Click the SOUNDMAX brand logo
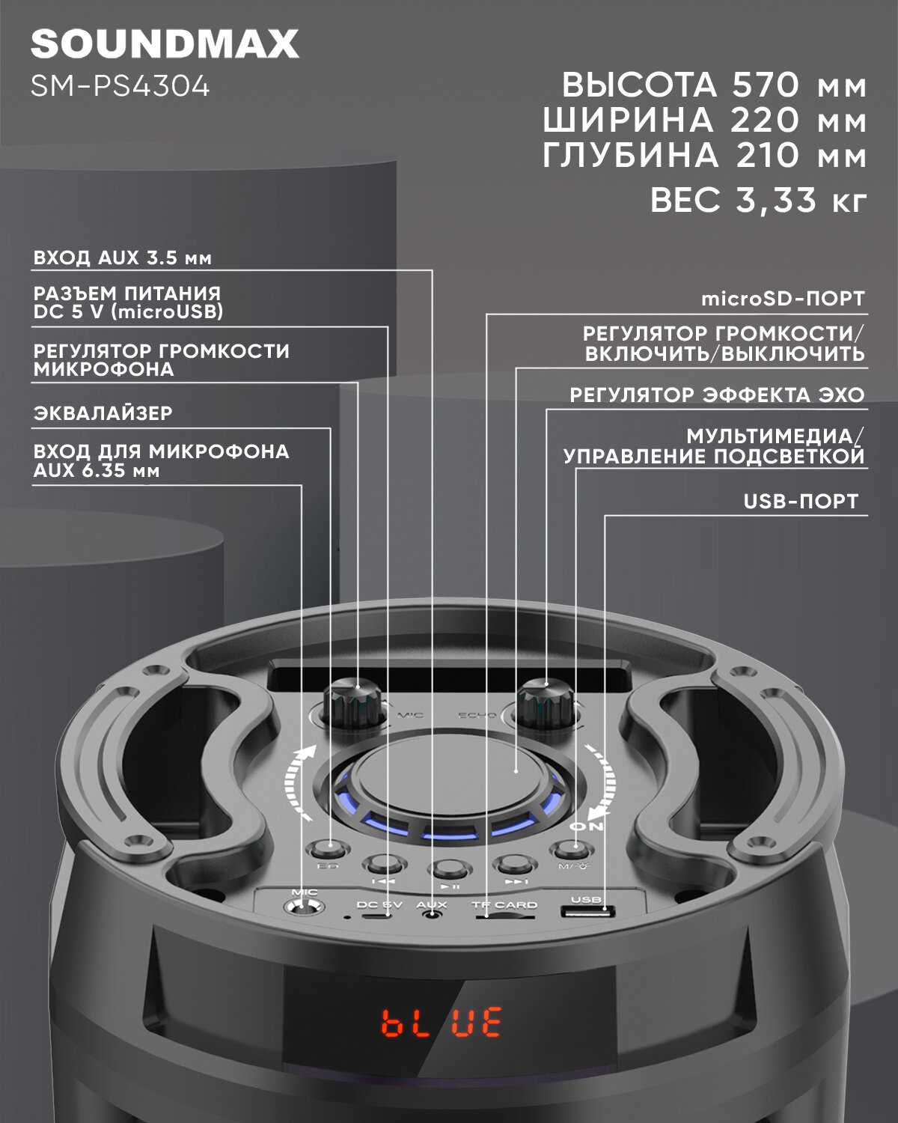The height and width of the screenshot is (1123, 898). pos(165,44)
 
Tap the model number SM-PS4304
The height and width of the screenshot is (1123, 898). pos(120,87)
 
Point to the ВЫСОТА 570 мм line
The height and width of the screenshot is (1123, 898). pos(714,85)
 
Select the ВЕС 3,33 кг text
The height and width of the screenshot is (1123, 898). pos(758,201)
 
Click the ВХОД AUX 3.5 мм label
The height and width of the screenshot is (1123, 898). pos(123,258)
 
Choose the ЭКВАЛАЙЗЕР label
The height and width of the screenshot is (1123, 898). pos(103,413)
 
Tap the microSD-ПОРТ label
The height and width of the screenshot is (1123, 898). pos(783,299)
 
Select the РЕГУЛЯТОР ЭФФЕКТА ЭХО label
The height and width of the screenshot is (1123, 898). pos(716,395)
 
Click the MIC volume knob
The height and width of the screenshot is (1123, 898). pos(352,704)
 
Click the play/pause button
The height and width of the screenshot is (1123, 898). pos(450,869)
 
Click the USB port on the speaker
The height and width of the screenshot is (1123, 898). pos(588,912)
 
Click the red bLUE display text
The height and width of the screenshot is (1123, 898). pos(442,1022)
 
